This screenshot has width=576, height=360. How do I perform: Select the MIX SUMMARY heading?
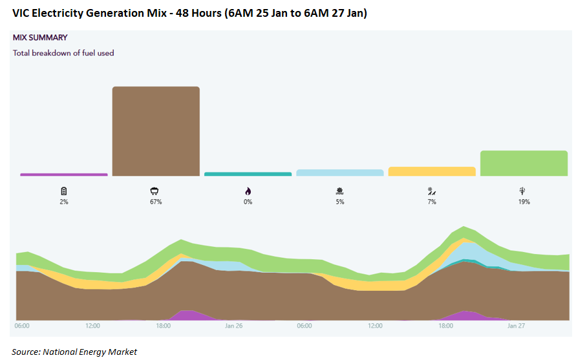(x=40, y=37)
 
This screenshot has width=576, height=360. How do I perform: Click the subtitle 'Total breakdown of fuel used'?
(x=63, y=53)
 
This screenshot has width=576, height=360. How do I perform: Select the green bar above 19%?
(x=524, y=163)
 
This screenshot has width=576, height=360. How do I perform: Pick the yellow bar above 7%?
(x=432, y=171)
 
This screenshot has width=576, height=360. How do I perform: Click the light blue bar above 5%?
(x=339, y=173)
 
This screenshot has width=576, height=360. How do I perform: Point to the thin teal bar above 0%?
(x=248, y=174)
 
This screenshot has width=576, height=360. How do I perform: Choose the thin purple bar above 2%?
(x=63, y=175)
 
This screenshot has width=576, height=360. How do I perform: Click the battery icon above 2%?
(x=63, y=191)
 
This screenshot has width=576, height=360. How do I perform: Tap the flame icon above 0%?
(x=248, y=191)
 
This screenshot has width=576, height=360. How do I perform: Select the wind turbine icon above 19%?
(x=524, y=191)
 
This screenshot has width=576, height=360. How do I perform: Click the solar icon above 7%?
(x=432, y=191)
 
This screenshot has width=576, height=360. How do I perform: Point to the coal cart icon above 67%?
(x=155, y=191)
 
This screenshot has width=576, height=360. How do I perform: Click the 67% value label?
(x=155, y=202)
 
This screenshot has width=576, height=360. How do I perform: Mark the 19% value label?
(x=524, y=202)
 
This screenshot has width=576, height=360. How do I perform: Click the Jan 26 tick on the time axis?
(x=233, y=326)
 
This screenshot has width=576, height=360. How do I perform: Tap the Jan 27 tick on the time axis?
(x=516, y=326)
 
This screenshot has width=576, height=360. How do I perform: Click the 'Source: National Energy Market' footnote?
(x=74, y=352)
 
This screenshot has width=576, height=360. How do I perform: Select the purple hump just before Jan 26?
(x=187, y=315)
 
